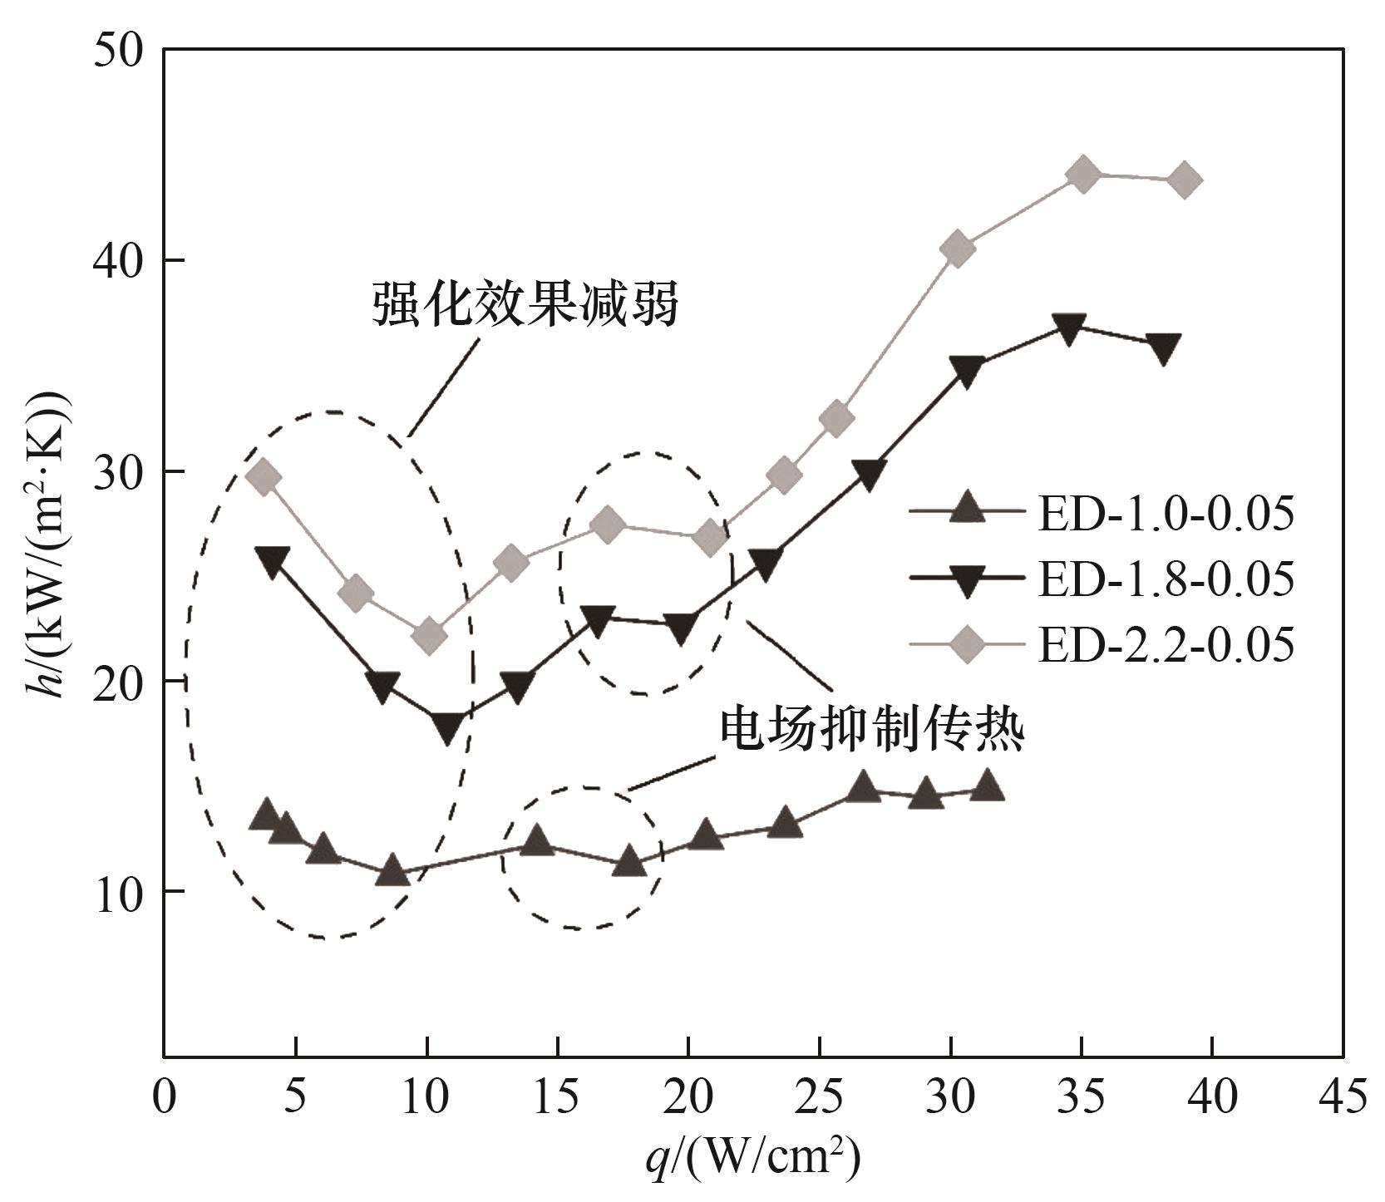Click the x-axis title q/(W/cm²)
pos(752,1156)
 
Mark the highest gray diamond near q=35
pos(1082,175)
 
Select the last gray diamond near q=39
pos(1184,180)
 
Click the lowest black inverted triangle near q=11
pos(447,727)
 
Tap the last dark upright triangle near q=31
pos(987,786)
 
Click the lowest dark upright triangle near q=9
pos(392,871)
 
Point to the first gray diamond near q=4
pos(264,477)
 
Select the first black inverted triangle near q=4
pos(272,560)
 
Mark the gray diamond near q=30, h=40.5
pos(957,249)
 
